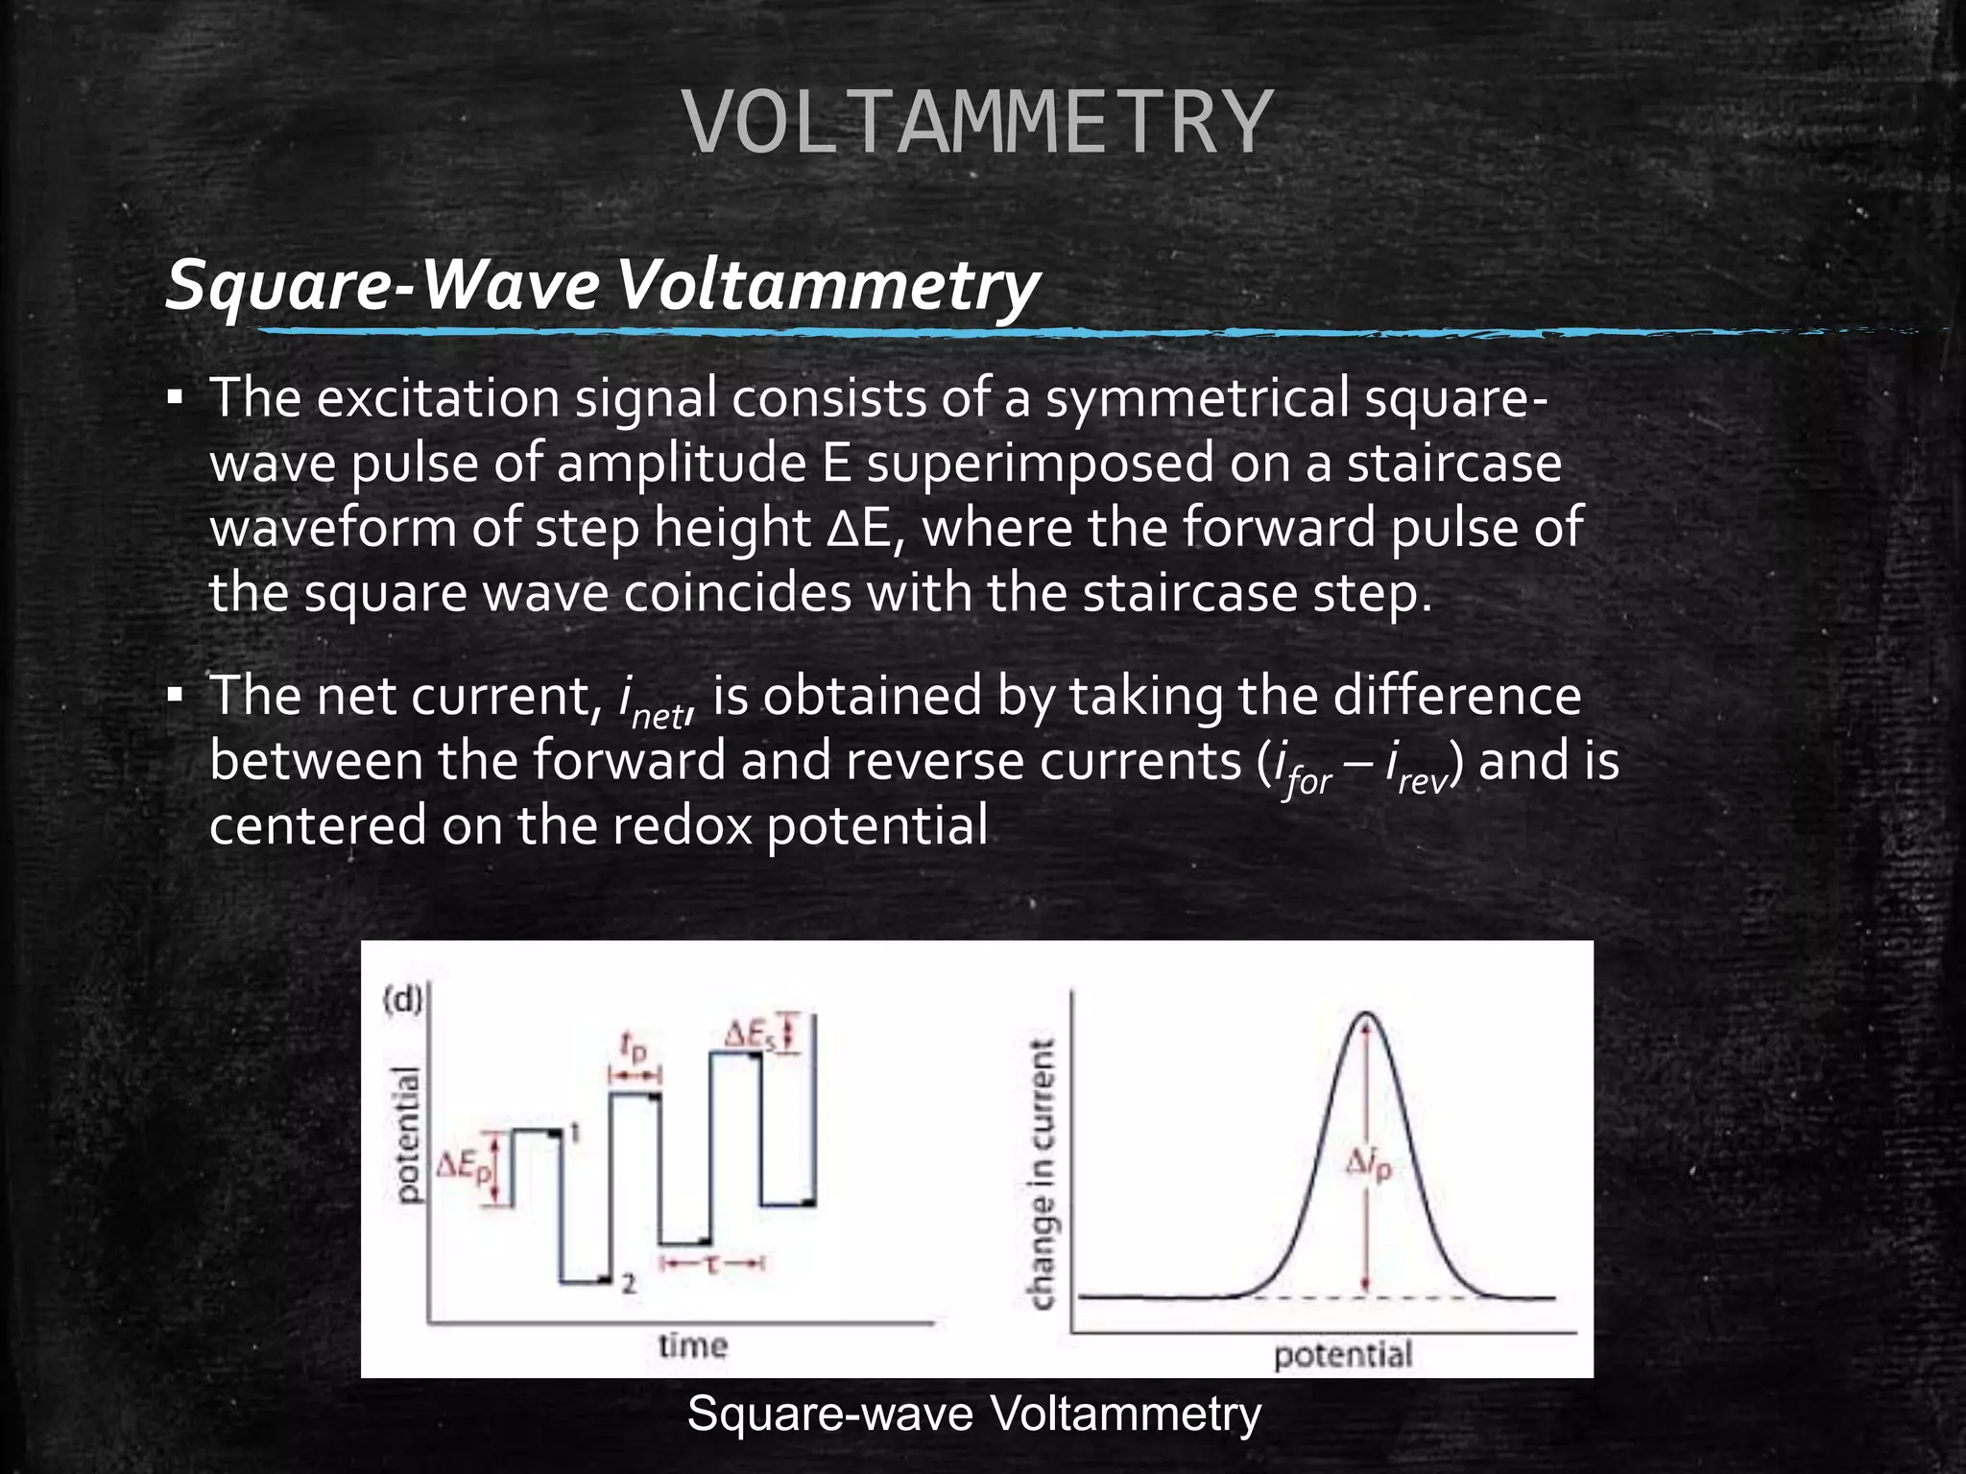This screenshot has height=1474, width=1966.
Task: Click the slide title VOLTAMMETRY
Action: coord(979,122)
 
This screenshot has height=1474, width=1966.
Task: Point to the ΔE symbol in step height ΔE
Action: coord(861,528)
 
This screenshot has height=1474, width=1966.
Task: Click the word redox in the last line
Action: coord(682,825)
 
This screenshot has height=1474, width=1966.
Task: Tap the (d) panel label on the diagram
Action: coord(402,1001)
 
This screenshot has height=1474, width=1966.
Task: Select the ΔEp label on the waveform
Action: coord(464,1168)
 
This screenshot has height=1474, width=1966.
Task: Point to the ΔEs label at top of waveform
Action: coord(750,1035)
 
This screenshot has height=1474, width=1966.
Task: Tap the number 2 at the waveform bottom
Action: coord(628,1283)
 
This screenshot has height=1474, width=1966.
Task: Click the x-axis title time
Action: coord(692,1345)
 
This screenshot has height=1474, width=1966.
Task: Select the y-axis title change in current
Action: coord(1043,1174)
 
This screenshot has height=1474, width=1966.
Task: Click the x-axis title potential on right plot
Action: coord(1342,1355)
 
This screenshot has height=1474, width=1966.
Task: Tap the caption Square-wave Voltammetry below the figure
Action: coord(973,1414)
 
